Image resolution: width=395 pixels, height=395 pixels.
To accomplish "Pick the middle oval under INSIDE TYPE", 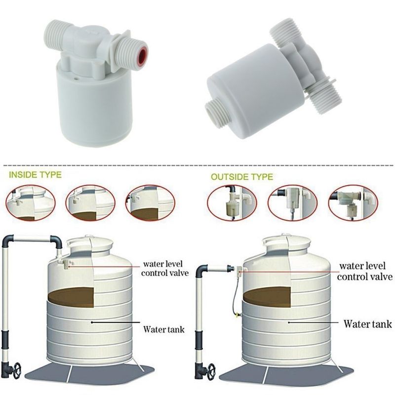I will (90, 203).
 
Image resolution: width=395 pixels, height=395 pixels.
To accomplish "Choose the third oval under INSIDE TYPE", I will (151, 203).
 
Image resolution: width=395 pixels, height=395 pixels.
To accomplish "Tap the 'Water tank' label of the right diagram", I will (367, 324).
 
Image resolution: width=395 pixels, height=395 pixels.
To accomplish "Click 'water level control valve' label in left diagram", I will (165, 268).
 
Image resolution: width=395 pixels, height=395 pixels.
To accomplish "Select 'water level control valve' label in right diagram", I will (365, 271).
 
